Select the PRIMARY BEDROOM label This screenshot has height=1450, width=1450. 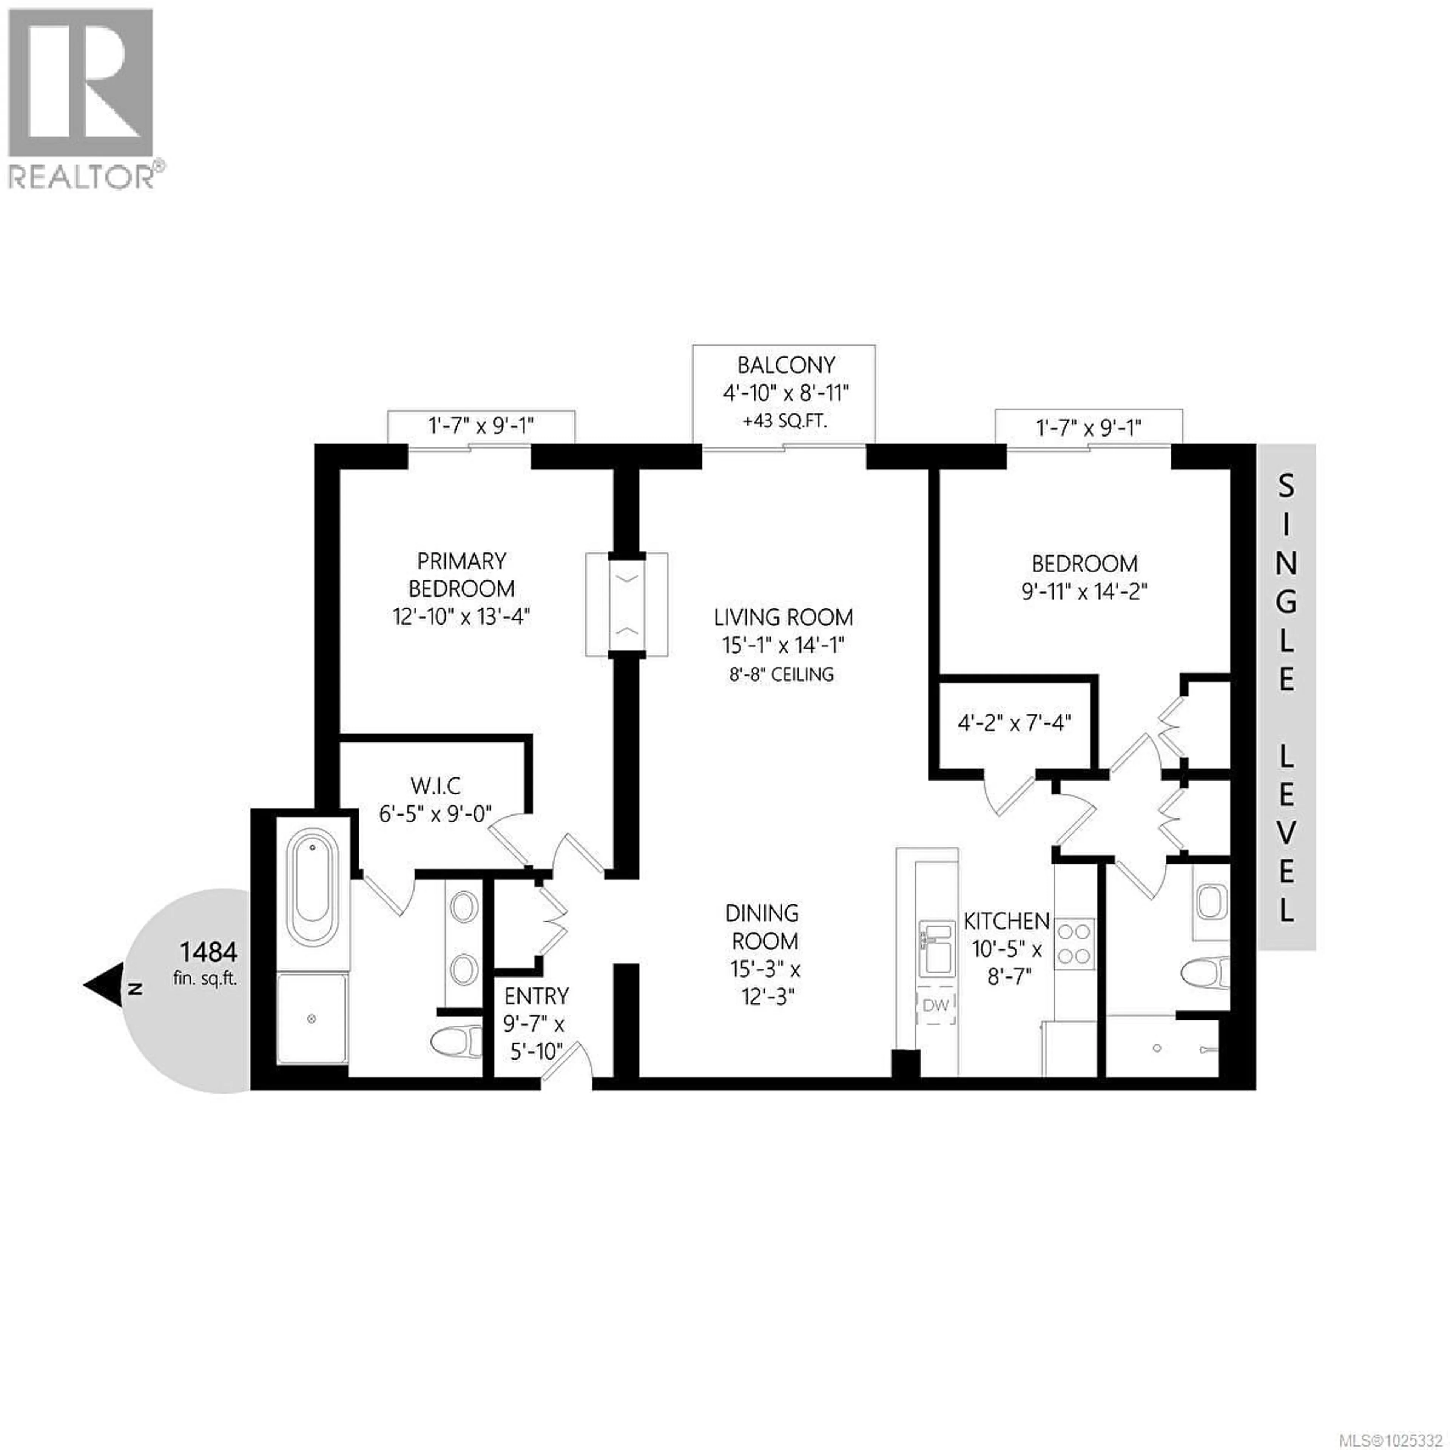[461, 575]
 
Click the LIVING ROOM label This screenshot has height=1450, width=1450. [783, 618]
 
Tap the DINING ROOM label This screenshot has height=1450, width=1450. [762, 927]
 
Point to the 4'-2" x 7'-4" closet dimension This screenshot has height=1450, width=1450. [1014, 723]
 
